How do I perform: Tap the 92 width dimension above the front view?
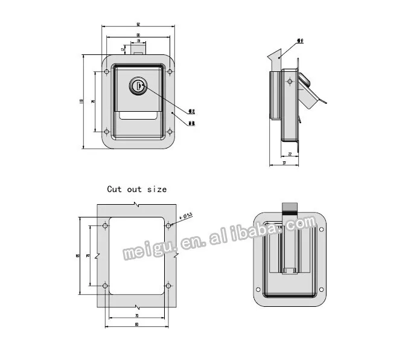[x=138, y=24]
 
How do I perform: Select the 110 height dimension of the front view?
[x=81, y=101]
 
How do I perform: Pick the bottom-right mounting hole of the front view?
[x=170, y=131]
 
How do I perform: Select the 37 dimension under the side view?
[x=284, y=163]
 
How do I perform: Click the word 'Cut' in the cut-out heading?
[x=114, y=189]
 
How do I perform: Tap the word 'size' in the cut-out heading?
[x=156, y=189]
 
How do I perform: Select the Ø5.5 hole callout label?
[x=186, y=215]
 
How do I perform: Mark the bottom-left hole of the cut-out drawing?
[x=106, y=285]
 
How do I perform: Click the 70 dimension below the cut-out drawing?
[x=137, y=315]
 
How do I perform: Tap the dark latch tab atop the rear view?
[x=290, y=209]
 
